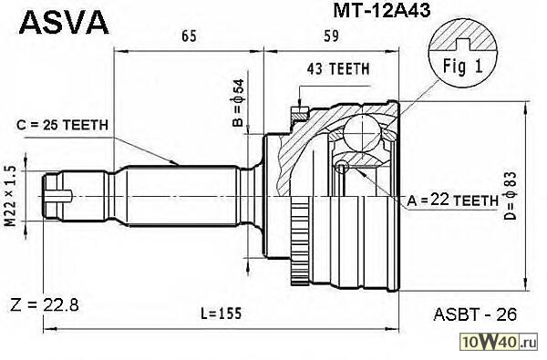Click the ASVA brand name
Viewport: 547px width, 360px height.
coord(64,22)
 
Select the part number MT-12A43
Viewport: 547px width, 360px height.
coord(382,11)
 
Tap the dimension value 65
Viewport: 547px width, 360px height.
coord(189,36)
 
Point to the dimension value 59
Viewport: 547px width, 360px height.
coord(331,36)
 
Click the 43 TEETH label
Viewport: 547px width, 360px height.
coord(337,69)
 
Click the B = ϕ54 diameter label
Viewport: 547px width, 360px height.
coord(239,102)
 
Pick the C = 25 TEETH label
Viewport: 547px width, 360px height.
coord(62,125)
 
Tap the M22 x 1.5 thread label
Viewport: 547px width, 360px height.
coord(11,196)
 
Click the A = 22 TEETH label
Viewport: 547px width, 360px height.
coord(453,200)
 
